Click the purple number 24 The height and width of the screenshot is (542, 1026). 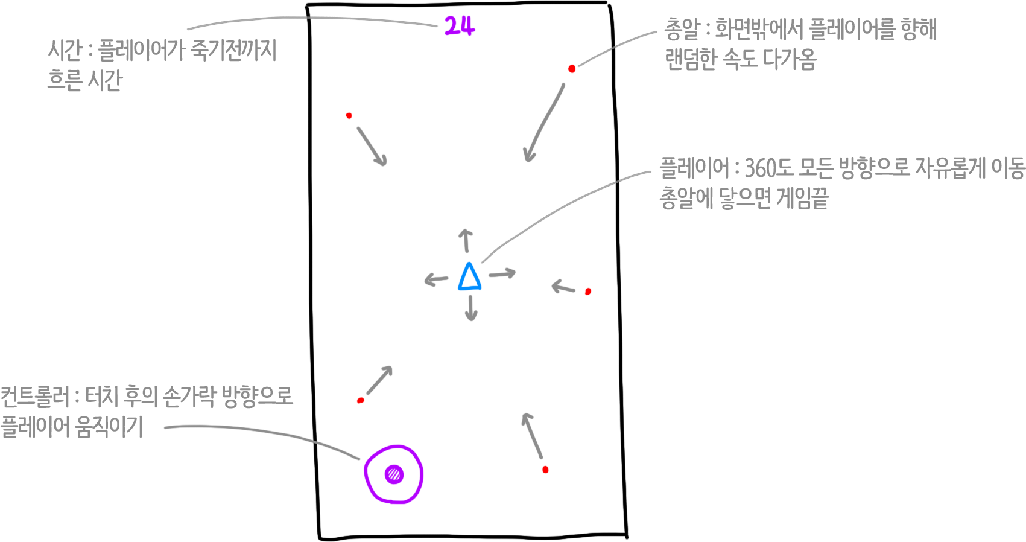pyautogui.click(x=460, y=26)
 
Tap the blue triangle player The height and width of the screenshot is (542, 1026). pyautogui.click(x=469, y=277)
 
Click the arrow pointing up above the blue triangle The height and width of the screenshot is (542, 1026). pyautogui.click(x=465, y=240)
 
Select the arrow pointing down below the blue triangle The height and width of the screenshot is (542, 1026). pyautogui.click(x=471, y=308)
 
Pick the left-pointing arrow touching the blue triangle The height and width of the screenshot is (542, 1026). pyautogui.click(x=436, y=279)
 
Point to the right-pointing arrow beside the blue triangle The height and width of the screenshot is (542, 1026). pyautogui.click(x=502, y=274)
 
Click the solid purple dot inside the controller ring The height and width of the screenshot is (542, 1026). pyautogui.click(x=394, y=474)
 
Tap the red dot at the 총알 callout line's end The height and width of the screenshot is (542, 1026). pyautogui.click(x=572, y=69)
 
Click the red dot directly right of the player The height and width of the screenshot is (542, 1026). pyautogui.click(x=588, y=292)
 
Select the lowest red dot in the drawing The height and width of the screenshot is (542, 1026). pyautogui.click(x=545, y=470)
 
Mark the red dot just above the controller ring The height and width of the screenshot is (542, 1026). pyautogui.click(x=361, y=400)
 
